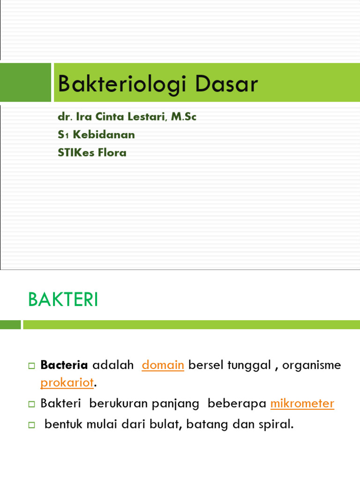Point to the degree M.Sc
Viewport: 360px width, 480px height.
click(184, 117)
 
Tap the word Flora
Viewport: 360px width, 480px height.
click(112, 152)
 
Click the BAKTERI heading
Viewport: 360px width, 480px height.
click(63, 300)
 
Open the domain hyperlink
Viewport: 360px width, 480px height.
click(163, 365)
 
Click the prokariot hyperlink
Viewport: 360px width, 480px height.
click(67, 382)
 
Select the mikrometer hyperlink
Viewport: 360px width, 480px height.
click(302, 403)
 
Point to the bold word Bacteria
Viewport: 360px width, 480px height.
click(64, 365)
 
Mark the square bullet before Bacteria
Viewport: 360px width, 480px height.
click(32, 366)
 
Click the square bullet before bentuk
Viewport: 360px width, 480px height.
click(32, 425)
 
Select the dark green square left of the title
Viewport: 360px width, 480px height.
click(25, 82)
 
